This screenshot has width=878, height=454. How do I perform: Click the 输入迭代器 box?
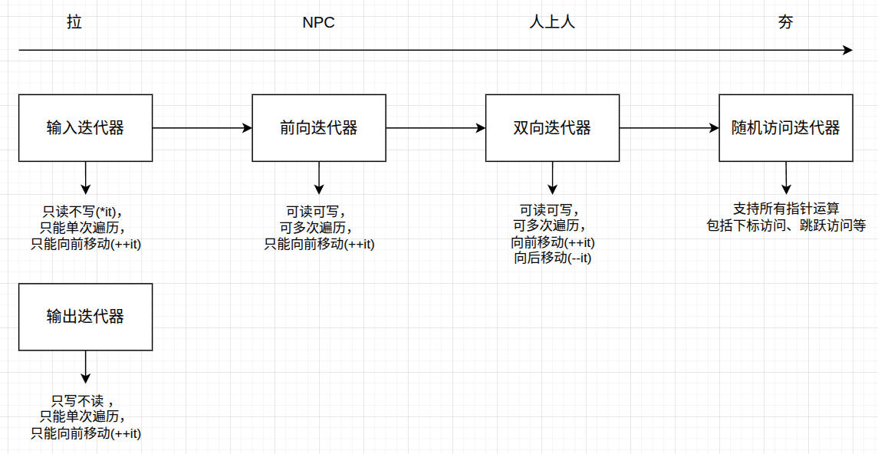coord(85,128)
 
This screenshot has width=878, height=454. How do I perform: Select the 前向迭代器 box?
coord(319,128)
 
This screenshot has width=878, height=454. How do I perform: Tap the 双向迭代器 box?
coord(552,128)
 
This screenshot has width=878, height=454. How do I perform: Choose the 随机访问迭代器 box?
coord(785,128)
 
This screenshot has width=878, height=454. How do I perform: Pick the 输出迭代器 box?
coord(85,317)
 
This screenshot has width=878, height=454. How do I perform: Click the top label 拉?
coord(74,22)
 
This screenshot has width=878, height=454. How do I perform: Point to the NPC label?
coord(318,22)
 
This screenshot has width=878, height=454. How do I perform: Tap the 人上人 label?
coord(552,22)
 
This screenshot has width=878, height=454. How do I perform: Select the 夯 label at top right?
coord(785,22)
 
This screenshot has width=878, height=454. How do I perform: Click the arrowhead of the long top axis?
coord(847,51)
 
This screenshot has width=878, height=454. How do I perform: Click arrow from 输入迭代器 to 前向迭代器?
coord(202,128)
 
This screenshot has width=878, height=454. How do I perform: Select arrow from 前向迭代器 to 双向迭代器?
coord(436,128)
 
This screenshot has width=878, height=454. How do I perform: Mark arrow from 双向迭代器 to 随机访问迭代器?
coord(669,128)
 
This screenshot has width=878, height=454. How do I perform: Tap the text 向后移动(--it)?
coord(552,258)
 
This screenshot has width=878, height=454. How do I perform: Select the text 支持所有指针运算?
coord(786,209)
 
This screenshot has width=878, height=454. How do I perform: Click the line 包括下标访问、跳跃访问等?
coord(786,225)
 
